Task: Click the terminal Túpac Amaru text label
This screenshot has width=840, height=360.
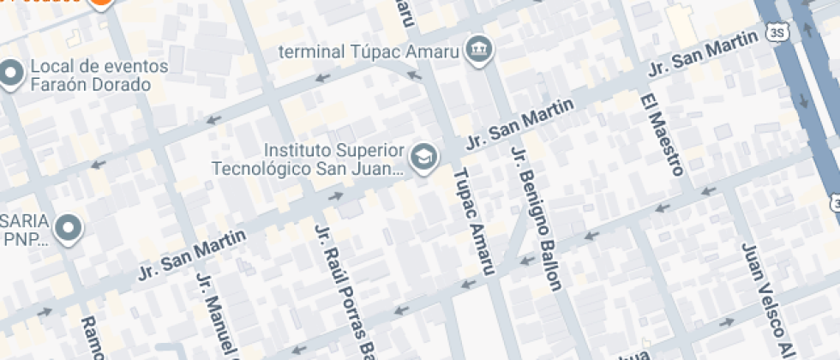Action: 369,51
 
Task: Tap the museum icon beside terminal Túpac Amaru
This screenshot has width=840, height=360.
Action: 477,50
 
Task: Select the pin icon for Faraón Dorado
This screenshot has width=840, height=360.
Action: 10,75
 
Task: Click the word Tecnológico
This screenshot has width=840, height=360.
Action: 262,167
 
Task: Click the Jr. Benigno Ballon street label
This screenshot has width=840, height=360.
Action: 535,218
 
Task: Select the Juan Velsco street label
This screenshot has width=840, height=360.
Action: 764,300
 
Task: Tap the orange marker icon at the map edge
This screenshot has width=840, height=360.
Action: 100,3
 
